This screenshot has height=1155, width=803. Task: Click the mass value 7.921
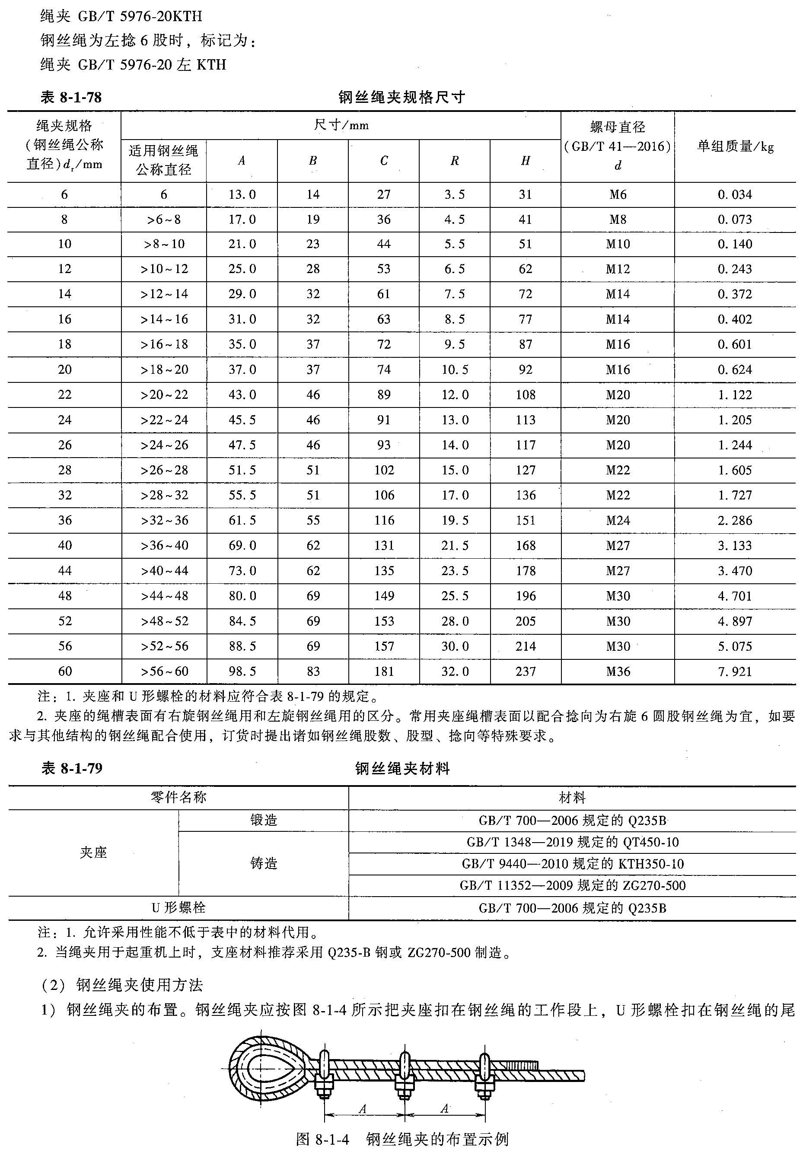735,671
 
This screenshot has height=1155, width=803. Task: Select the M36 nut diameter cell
618,671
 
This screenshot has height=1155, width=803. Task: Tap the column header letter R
454,160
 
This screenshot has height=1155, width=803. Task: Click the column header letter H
525,160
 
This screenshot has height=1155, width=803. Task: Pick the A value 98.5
242,671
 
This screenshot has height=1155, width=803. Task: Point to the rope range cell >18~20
164,369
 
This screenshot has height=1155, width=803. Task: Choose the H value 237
525,671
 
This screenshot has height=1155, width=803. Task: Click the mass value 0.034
735,194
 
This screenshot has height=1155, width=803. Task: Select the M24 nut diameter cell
618,520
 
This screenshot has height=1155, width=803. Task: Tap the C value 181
384,671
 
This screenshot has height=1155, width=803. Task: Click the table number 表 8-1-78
71,97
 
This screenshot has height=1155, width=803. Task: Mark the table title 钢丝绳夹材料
402,768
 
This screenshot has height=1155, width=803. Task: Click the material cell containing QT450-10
572,842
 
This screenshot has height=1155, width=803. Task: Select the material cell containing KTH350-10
572,864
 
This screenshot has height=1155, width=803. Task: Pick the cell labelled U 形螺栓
178,907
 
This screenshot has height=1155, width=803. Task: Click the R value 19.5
454,520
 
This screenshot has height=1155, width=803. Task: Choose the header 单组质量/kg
735,146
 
